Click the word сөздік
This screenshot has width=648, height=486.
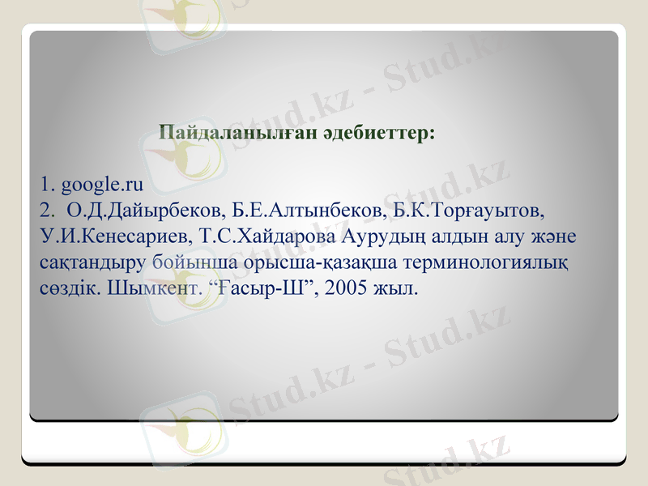(70, 288)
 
